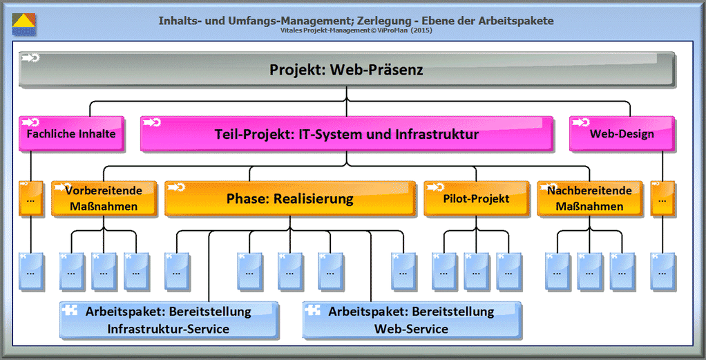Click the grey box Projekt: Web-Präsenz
(x=346, y=70)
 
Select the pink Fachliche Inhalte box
(x=71, y=133)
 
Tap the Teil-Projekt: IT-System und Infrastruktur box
(x=346, y=134)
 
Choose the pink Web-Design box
(x=621, y=133)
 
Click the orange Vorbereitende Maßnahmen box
(x=104, y=198)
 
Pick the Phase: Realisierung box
(x=289, y=199)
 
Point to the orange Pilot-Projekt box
(x=476, y=198)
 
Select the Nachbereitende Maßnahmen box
(x=589, y=198)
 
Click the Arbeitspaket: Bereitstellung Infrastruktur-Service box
(x=169, y=320)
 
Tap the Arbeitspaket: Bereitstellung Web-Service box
(x=411, y=320)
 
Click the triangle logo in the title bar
(x=24, y=24)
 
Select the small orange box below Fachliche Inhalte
(x=30, y=198)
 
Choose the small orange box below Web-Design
(x=662, y=198)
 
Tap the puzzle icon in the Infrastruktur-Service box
(x=69, y=310)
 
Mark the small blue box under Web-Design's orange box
(x=663, y=272)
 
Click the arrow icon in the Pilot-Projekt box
(x=437, y=187)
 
